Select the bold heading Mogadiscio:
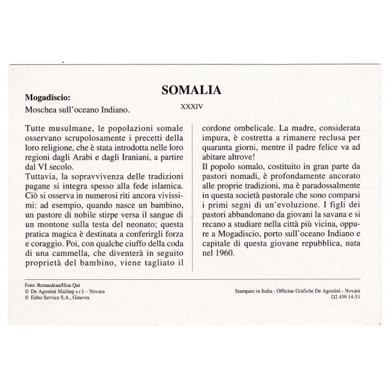click(48, 98)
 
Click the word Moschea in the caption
click(41, 111)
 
